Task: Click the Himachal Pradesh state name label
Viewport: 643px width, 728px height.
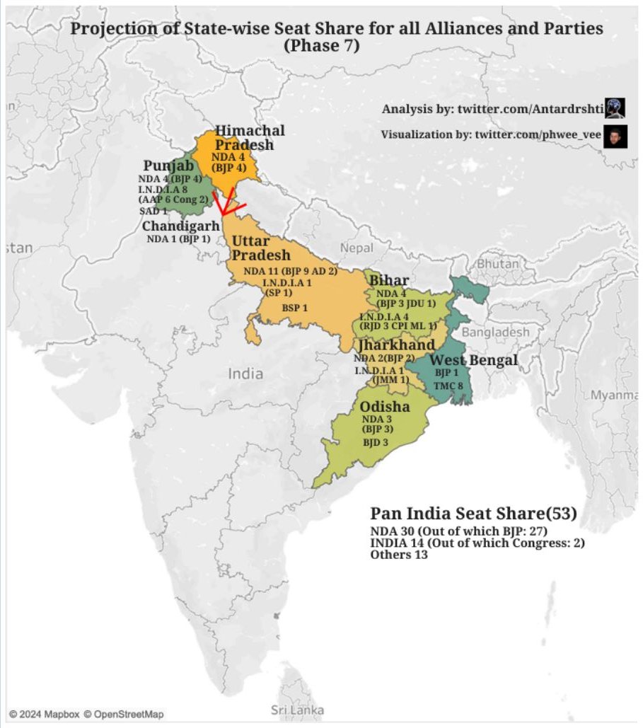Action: pos(250,137)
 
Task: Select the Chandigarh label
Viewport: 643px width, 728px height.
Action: pos(181,226)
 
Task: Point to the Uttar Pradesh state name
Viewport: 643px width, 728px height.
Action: pos(260,248)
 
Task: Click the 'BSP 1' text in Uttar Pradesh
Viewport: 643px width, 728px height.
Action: pos(295,308)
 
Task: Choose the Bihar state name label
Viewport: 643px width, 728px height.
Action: pos(388,281)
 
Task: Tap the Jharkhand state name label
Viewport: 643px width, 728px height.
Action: pos(396,345)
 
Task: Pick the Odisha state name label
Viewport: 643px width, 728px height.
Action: pos(384,407)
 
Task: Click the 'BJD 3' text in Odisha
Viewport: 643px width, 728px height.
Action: pos(376,443)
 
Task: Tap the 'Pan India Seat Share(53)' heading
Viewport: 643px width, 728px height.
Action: pos(473,514)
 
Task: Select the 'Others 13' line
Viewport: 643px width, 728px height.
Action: pos(399,555)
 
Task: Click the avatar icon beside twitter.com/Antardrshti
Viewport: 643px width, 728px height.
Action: pos(615,108)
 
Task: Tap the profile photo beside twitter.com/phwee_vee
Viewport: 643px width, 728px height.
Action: pos(615,135)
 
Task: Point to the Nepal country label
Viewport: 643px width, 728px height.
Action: pos(357,248)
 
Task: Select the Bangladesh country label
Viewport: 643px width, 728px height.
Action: pos(495,332)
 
